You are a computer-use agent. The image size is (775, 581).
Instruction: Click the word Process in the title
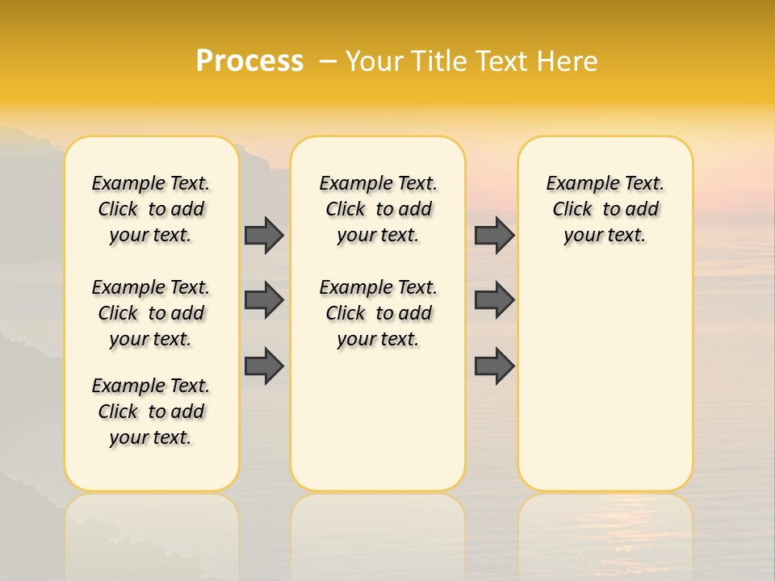[x=249, y=61]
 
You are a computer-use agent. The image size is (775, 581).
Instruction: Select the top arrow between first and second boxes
[x=264, y=235]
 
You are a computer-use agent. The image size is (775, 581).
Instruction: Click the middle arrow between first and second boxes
[x=264, y=300]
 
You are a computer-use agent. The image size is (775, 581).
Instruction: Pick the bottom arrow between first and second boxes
[x=264, y=366]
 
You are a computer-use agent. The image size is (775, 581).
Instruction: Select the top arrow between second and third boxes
[x=494, y=235]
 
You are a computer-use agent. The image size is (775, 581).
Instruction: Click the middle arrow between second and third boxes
[x=494, y=300]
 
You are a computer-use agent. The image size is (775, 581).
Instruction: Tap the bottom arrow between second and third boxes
[x=494, y=366]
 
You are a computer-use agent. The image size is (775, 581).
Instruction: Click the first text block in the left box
[x=151, y=209]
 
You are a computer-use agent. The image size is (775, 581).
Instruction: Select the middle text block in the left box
[x=151, y=313]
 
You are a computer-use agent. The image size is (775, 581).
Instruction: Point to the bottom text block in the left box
[x=151, y=412]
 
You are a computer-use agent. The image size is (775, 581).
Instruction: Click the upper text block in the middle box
[x=379, y=209]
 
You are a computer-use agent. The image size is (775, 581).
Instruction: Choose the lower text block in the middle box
[x=379, y=313]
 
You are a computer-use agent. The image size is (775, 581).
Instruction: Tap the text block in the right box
[x=605, y=209]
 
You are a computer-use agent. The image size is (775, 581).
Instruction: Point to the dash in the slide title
[x=328, y=61]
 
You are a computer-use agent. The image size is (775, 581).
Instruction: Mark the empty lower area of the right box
[x=605, y=379]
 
